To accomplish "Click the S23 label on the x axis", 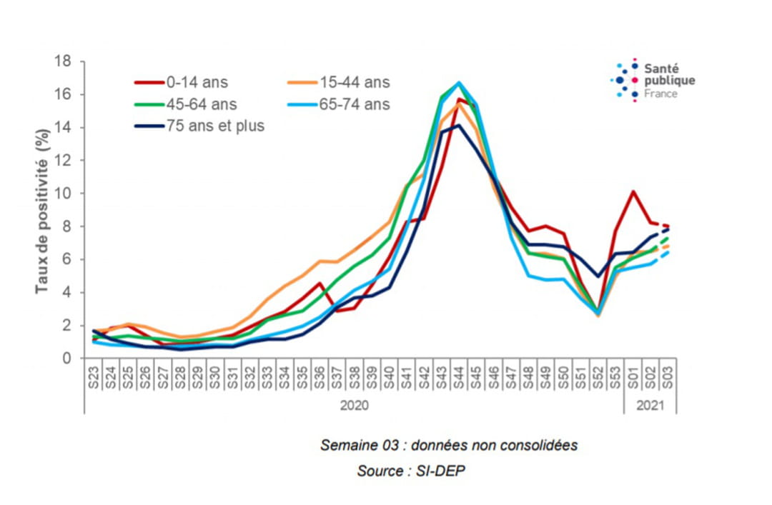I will coord(93,378).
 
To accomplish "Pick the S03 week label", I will coord(667,378).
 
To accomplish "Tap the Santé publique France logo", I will coord(653,80).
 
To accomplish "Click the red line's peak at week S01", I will coord(633,191).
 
